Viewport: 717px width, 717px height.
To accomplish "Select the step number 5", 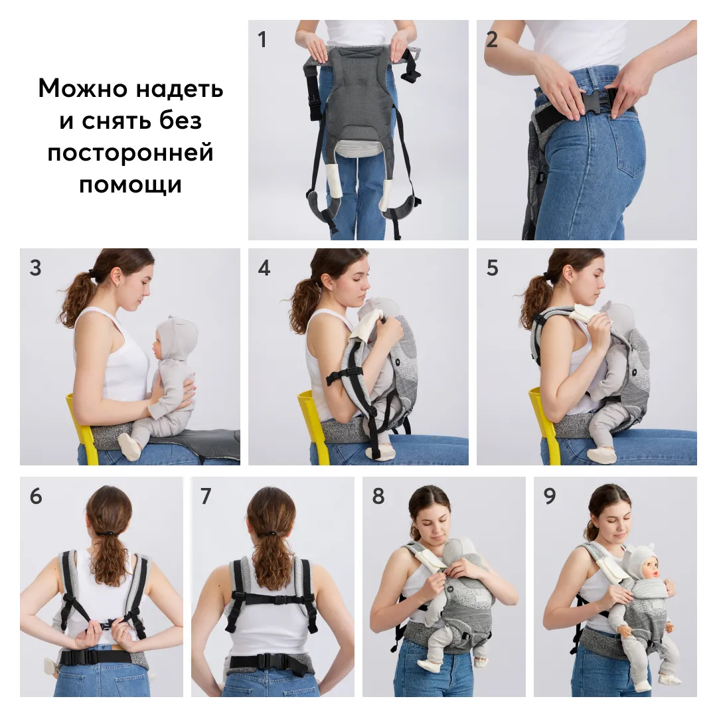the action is point(492,268).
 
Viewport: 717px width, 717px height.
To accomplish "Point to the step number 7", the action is point(206,496).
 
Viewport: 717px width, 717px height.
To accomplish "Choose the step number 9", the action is point(549,496).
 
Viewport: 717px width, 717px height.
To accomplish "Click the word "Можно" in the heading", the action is point(82,88).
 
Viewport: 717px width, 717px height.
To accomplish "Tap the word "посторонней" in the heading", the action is point(130,152).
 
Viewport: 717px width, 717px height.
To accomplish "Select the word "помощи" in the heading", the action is point(130,185).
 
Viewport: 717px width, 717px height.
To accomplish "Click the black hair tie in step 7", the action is point(270,533).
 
